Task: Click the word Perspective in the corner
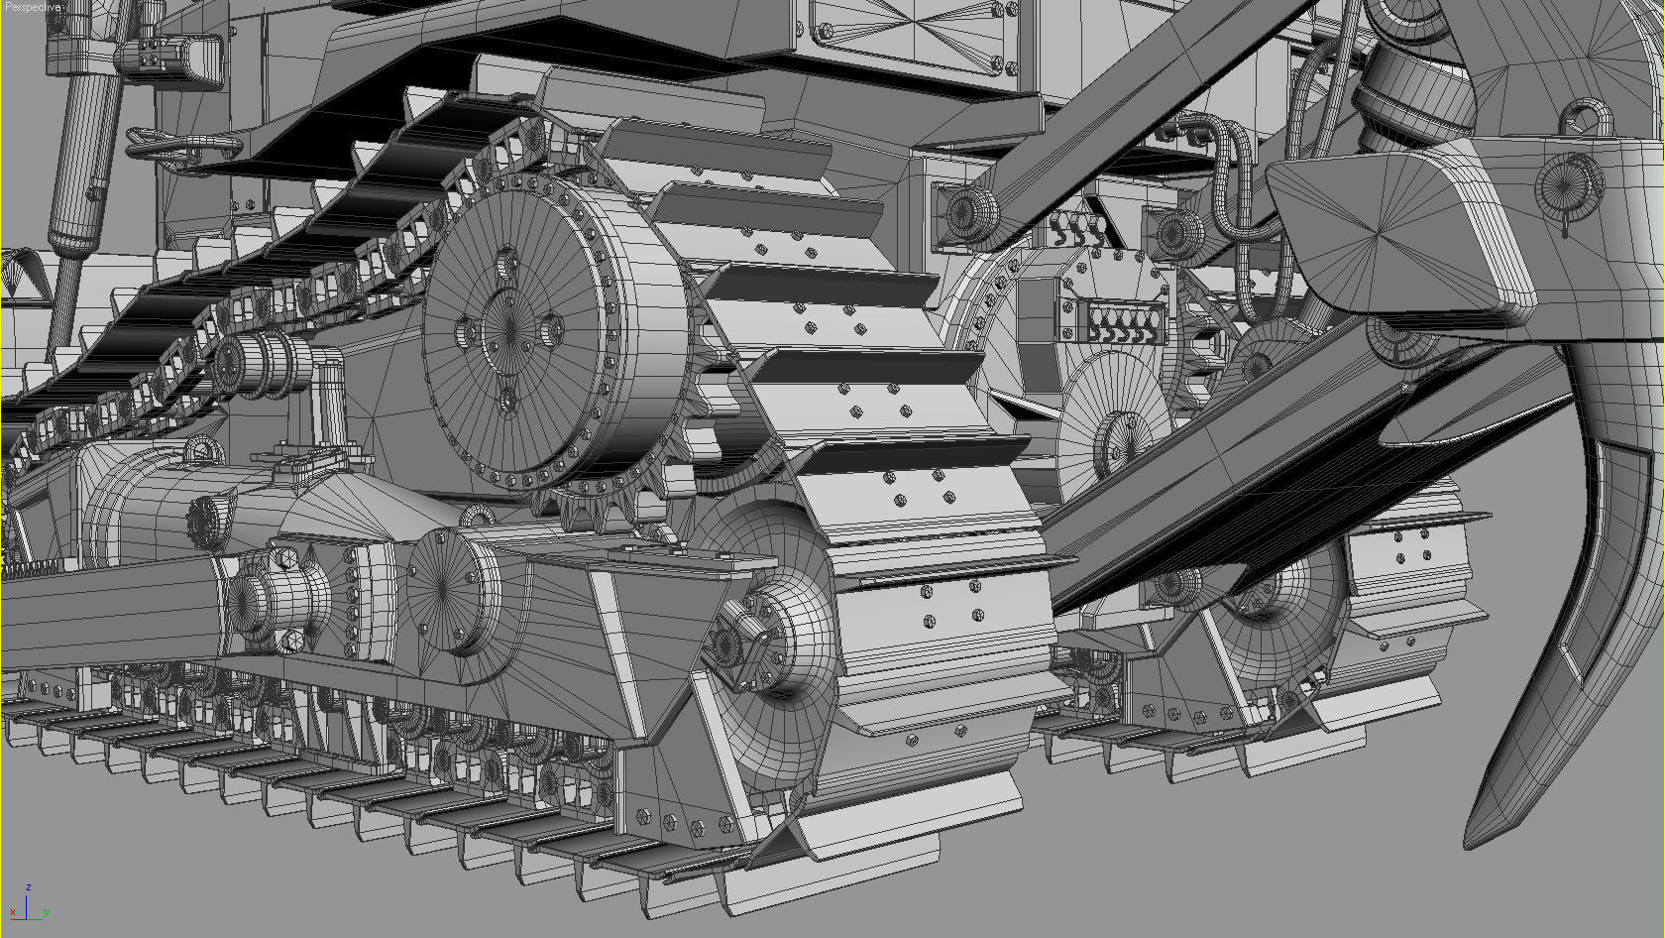tap(33, 7)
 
